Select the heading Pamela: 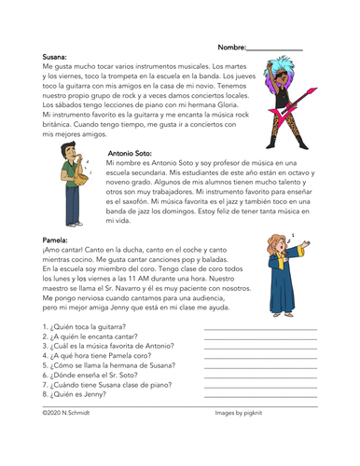pyautogui.click(x=57, y=240)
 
